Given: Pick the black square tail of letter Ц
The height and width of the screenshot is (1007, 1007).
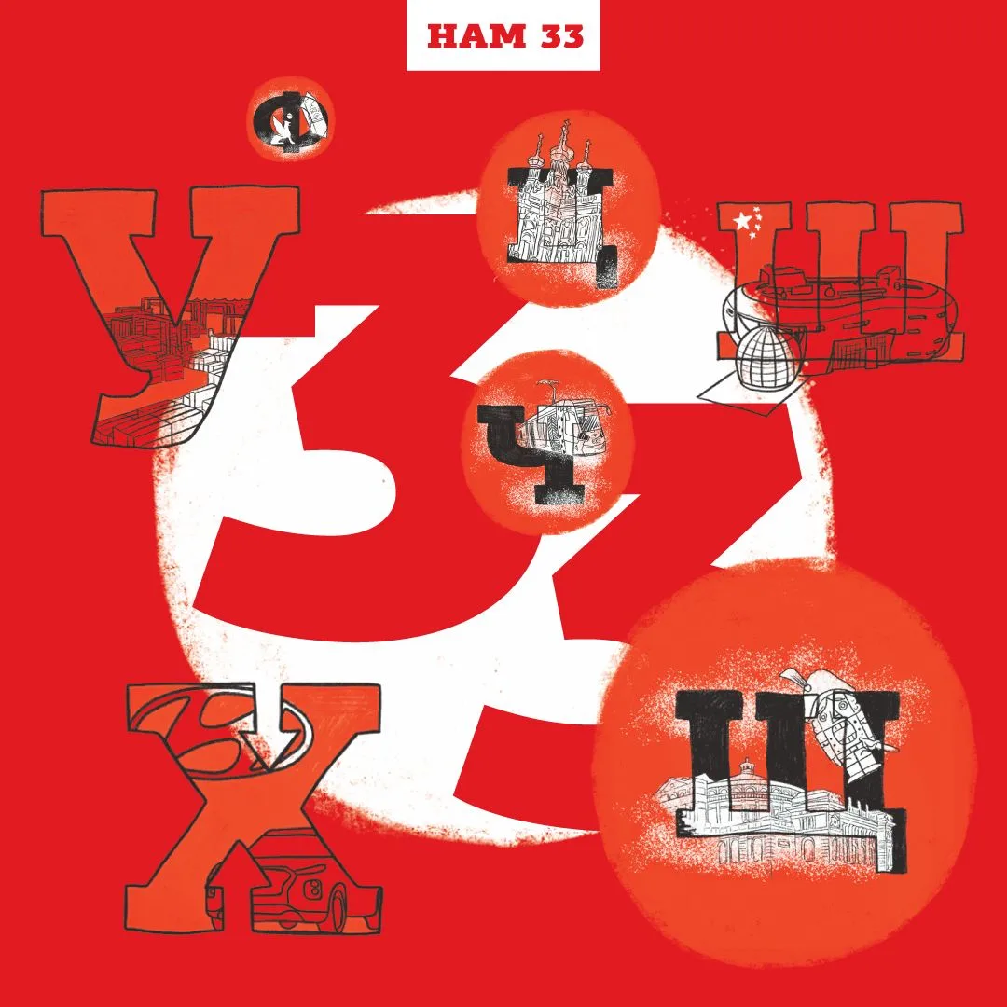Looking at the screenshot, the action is point(606,268).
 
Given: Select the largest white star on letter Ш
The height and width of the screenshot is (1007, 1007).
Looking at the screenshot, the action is point(742,222).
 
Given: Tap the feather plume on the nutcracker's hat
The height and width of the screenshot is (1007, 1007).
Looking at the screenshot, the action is point(797,678).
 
